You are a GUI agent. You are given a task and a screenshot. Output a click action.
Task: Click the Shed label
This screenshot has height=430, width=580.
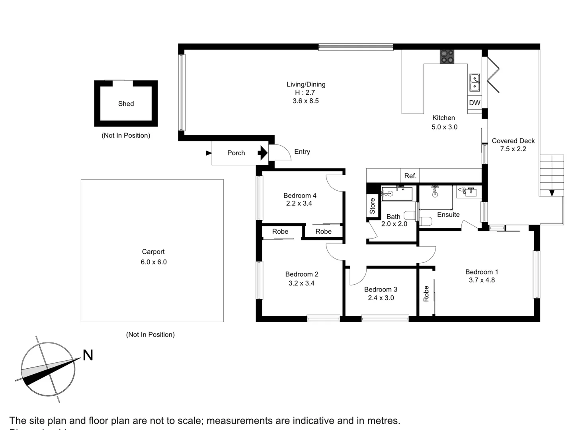tap(126, 104)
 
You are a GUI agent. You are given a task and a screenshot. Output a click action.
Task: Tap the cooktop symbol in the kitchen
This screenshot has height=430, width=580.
tap(447, 56)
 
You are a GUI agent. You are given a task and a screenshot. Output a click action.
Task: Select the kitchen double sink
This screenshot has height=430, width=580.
tap(474, 82)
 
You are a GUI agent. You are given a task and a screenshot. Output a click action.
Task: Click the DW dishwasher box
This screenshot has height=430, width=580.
tap(475, 103)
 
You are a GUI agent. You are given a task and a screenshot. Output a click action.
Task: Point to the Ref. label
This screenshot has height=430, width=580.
tap(410, 176)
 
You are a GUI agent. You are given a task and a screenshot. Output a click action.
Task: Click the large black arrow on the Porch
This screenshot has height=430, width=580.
tap(263, 152)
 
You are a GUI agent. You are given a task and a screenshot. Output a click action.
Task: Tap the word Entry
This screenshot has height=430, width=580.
tap(302, 152)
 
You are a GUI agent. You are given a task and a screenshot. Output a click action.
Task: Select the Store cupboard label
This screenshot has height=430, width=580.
tap(372, 206)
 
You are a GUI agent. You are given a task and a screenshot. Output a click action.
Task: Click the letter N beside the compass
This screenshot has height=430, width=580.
tap(88, 355)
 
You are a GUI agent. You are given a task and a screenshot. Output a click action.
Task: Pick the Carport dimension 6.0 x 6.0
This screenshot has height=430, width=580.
tap(154, 262)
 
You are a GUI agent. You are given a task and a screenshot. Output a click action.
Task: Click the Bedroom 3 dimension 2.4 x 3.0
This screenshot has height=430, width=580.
tap(381, 298)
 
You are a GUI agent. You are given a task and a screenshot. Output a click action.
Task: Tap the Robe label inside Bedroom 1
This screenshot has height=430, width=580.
tap(426, 293)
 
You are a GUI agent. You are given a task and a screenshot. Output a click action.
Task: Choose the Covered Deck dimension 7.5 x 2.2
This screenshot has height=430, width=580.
tap(513, 149)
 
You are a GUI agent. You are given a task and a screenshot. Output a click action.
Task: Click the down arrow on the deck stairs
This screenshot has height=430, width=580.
tap(552, 193)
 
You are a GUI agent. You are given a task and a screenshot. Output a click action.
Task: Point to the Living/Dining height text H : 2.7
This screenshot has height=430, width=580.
tap(305, 92)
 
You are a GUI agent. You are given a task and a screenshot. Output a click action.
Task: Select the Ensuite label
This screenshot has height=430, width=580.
tap(448, 215)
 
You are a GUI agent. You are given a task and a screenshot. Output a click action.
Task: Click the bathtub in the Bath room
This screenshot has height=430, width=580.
tap(396, 193)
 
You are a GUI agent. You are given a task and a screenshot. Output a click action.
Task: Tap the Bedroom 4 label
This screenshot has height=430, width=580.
tap(300, 195)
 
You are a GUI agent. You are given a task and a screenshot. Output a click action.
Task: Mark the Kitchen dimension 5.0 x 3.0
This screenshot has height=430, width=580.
tap(444, 127)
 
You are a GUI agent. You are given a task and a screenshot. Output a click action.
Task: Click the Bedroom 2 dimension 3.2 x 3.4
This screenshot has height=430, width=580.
tap(301, 283)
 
